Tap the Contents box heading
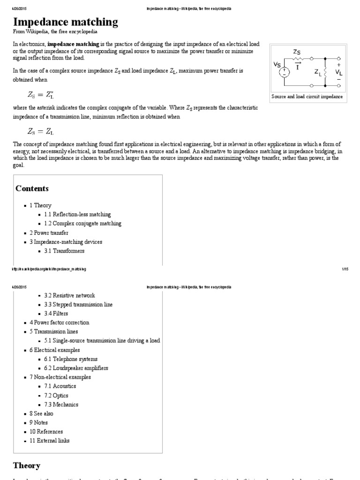tap(32, 188)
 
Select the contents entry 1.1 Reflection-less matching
tap(77, 214)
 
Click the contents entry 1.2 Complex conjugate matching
tap(82, 224)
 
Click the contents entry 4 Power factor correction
tap(59, 322)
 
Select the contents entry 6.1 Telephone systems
tap(71, 359)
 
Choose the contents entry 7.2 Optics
tap(60, 395)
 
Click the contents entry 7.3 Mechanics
tap(64, 405)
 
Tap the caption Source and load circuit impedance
tap(307, 97)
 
